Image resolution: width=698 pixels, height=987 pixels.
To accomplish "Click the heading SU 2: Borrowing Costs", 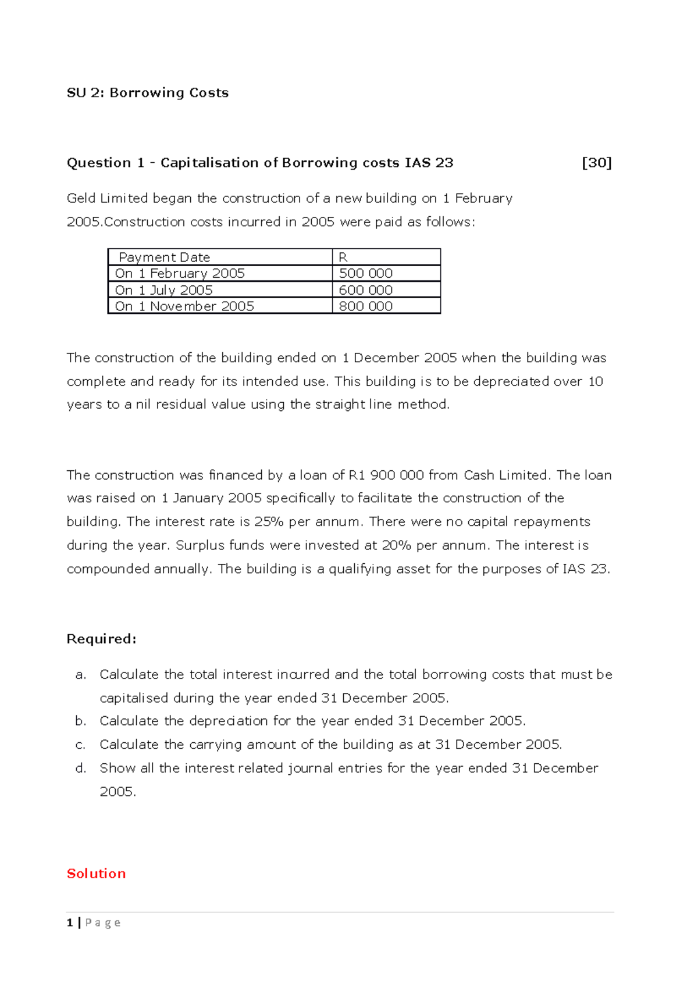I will (148, 93).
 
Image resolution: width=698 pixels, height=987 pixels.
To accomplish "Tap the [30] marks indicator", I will (597, 163).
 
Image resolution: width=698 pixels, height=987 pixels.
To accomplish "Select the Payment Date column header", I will (164, 257).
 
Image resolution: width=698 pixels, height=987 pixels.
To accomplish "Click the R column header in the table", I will (343, 257).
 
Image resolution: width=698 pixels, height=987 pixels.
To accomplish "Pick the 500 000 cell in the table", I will (366, 273).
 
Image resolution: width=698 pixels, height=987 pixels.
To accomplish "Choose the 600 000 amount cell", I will (366, 290).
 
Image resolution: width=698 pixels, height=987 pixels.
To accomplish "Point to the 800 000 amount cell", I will (366, 306).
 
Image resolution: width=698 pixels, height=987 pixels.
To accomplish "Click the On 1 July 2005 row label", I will (164, 290).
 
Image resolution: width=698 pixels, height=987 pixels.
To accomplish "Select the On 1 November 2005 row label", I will (184, 306).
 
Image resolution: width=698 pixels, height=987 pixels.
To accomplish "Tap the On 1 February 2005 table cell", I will (180, 273).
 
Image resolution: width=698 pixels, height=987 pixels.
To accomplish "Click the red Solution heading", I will (96, 874).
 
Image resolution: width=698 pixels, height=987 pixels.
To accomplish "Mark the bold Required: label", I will (101, 639).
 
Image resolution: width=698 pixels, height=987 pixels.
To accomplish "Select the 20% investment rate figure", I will (396, 545).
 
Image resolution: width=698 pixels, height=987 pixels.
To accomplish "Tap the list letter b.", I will (80, 721).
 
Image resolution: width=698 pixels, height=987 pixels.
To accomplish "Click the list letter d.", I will (80, 768).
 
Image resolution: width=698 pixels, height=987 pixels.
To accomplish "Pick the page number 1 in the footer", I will (70, 922).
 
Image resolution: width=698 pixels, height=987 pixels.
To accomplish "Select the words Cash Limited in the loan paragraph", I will (505, 475).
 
